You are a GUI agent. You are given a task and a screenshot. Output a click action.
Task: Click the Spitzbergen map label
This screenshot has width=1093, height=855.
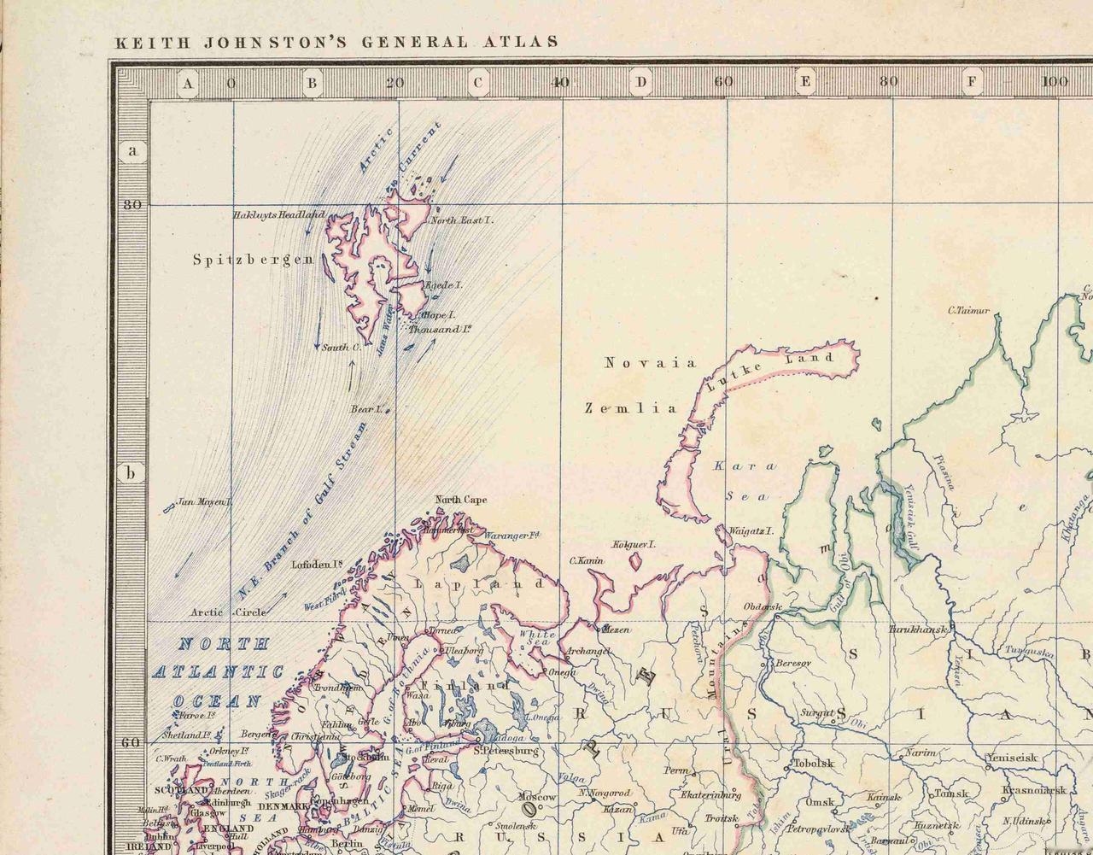(x=253, y=260)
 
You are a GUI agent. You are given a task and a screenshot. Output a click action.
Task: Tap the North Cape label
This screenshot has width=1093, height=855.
(x=461, y=500)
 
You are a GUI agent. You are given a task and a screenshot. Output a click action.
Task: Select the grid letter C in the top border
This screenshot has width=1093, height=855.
(x=477, y=83)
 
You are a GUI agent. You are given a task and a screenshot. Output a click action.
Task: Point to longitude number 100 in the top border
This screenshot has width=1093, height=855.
(x=1055, y=82)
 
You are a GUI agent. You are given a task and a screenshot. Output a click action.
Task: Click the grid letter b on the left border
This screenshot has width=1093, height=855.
(x=131, y=473)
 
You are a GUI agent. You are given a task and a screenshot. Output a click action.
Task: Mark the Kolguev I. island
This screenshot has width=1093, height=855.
(x=636, y=560)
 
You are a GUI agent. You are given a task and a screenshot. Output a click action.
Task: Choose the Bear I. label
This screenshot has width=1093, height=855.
(x=365, y=409)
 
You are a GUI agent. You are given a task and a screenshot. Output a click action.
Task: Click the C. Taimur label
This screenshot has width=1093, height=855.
(x=968, y=310)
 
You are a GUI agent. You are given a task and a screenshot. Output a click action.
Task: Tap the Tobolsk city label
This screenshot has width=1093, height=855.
(x=813, y=764)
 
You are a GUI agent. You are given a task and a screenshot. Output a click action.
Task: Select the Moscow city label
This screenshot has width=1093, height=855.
(x=537, y=796)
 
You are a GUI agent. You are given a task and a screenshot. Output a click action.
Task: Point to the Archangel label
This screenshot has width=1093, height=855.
(x=587, y=652)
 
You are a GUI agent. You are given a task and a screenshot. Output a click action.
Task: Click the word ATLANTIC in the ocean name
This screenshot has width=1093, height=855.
(x=218, y=672)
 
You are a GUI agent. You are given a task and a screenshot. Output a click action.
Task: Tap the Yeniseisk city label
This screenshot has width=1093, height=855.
(x=1012, y=757)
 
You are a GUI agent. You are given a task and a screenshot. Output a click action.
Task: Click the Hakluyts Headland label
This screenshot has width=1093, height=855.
(x=278, y=214)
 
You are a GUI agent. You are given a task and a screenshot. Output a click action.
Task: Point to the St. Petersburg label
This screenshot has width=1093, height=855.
(x=506, y=752)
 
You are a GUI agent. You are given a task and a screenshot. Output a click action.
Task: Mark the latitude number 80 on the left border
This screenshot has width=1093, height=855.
(x=132, y=205)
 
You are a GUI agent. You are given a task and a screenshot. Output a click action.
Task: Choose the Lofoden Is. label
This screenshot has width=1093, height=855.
(x=317, y=564)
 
